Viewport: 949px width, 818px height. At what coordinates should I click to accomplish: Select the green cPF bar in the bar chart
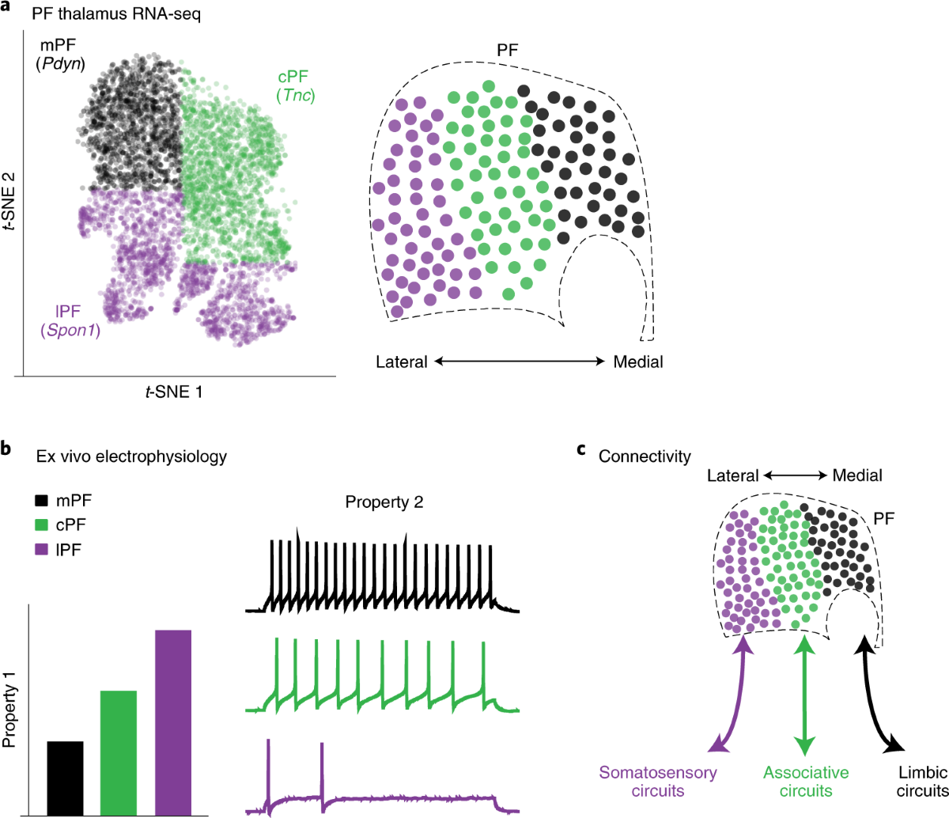tap(119, 752)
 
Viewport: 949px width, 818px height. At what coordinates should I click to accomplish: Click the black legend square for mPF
tap(42, 501)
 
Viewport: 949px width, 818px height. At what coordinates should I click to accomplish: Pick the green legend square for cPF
tap(42, 525)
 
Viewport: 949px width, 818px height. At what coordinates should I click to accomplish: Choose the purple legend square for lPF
tap(42, 549)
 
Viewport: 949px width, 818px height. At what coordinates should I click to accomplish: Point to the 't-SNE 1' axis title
tap(174, 391)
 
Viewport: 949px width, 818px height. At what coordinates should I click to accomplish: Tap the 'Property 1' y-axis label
tap(10, 709)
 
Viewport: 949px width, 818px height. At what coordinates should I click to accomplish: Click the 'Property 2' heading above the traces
tap(384, 502)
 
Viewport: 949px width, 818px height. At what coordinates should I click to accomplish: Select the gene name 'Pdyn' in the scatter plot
tap(60, 64)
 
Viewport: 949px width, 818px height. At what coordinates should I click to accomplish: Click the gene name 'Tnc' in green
tap(296, 96)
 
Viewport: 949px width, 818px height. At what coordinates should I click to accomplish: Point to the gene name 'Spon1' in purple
tap(70, 330)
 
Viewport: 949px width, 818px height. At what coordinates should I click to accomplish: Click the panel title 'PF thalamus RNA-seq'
tap(116, 14)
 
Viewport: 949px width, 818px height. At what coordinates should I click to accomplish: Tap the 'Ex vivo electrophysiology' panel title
tap(131, 456)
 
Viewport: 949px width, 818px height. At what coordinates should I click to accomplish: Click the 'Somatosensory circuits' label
tap(658, 781)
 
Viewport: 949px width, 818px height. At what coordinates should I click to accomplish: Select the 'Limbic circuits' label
tap(921, 781)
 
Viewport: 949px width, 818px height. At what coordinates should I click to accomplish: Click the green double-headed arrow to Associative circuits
tap(804, 695)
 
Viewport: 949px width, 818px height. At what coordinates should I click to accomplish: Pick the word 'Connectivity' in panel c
tap(645, 456)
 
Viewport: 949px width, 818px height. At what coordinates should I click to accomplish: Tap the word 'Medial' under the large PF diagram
tap(637, 362)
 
